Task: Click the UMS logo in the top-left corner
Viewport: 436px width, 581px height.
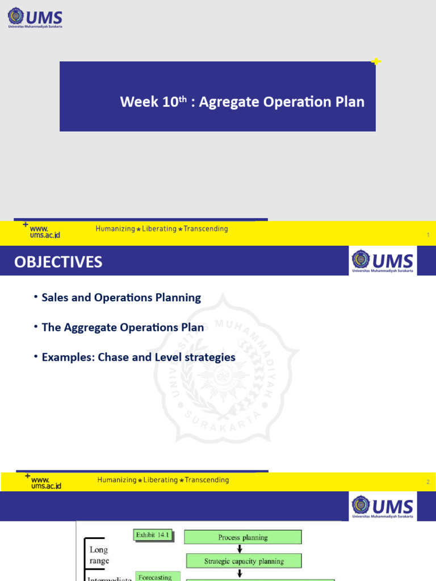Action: [x=35, y=18]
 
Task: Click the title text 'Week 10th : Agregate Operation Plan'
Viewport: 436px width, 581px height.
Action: [x=242, y=102]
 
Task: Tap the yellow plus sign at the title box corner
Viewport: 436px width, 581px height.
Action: [x=375, y=61]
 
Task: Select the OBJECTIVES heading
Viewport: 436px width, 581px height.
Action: [x=58, y=262]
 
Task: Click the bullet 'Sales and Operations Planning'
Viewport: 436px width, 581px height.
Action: [x=121, y=297]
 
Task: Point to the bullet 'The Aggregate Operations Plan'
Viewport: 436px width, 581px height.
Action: [x=123, y=327]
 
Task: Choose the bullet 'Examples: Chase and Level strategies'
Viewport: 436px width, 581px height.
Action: [x=138, y=357]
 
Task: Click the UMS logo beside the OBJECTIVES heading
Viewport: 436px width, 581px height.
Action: [x=383, y=261]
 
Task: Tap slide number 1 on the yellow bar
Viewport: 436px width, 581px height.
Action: [x=427, y=235]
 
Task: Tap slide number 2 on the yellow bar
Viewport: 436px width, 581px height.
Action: [x=427, y=482]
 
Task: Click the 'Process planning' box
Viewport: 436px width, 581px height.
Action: [x=243, y=537]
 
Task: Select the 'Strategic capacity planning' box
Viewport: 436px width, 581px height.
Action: [x=244, y=561]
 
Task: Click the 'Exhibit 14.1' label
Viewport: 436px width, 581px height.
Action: [x=153, y=534]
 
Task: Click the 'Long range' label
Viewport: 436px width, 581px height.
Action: [x=98, y=555]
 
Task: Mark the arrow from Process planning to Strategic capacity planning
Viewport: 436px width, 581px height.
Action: [x=240, y=549]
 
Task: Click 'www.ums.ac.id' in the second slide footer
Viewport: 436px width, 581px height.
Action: [x=46, y=482]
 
